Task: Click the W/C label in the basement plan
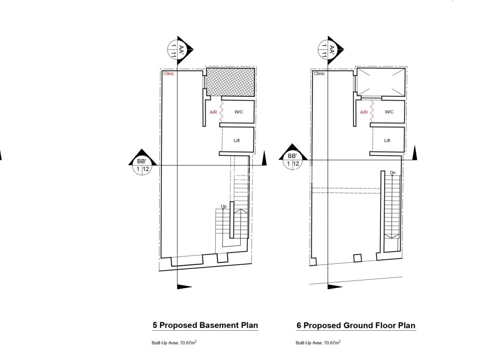coord(239,112)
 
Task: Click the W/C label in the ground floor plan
coord(389,112)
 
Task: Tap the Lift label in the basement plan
coord(237,141)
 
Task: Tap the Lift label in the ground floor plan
coord(387,141)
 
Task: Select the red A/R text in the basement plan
coord(213,112)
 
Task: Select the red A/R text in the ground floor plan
coord(363,112)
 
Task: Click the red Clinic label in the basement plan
coord(168,74)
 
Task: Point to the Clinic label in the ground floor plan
coord(319,74)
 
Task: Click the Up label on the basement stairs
coord(224,206)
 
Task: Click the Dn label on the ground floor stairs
coord(393,173)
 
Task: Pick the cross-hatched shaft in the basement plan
coord(230,82)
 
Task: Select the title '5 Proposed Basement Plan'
coord(205,325)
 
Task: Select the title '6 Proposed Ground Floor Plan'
coord(356,325)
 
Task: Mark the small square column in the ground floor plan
coord(357,258)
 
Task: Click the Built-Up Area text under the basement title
coord(174,342)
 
